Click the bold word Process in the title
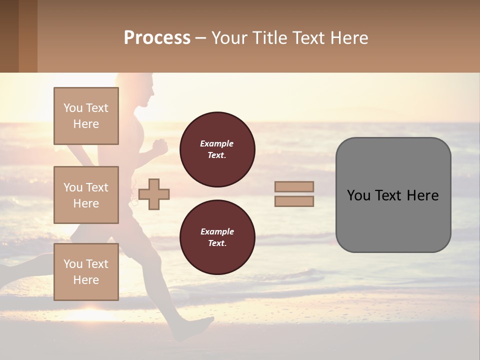[157, 38]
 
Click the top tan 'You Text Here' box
[86, 116]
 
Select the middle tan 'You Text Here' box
[86, 195]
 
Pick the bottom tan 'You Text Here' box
[86, 271]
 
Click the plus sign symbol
[154, 194]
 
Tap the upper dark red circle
[217, 149]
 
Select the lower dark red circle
[217, 237]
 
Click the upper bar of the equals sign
[294, 186]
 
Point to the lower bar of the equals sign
[294, 201]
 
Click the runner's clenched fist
[160, 146]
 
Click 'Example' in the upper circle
[217, 143]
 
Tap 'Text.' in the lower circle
[217, 243]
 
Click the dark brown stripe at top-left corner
[9, 36]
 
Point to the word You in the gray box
[358, 195]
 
